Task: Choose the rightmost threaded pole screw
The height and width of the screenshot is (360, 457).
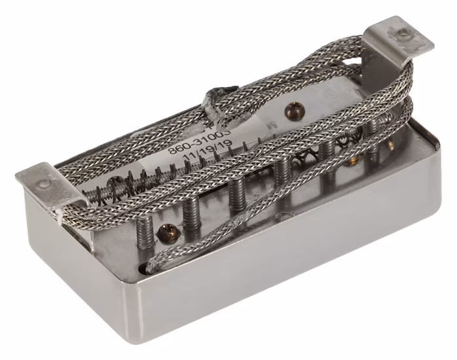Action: coord(374,130)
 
